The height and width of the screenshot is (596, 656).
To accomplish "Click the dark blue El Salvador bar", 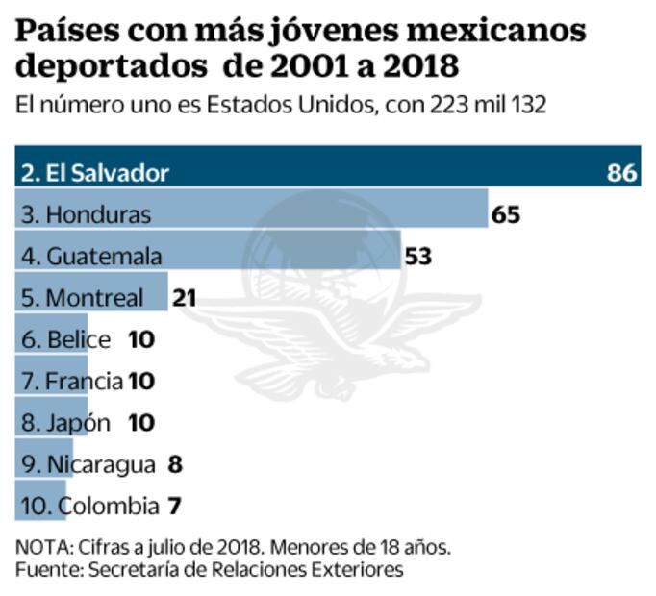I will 327,172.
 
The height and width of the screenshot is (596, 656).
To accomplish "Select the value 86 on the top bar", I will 621,173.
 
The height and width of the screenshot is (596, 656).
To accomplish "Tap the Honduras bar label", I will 86,214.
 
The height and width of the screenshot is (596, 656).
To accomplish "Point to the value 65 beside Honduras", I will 505,214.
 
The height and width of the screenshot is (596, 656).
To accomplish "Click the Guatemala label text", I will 90,257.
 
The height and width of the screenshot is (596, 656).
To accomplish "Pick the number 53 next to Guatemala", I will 417,257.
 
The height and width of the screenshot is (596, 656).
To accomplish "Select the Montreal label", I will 82,298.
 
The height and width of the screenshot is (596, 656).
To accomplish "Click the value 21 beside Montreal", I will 184,298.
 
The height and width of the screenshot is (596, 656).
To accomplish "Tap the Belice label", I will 65,339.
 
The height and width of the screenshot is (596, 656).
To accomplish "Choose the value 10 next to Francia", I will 141,382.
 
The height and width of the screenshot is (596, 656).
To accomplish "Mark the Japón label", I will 65,423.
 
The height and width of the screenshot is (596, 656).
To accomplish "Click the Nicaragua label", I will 88,464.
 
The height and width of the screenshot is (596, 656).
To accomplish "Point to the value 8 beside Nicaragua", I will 174,464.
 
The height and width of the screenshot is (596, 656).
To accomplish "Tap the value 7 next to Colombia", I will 174,506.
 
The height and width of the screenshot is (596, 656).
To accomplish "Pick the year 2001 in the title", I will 291,69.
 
